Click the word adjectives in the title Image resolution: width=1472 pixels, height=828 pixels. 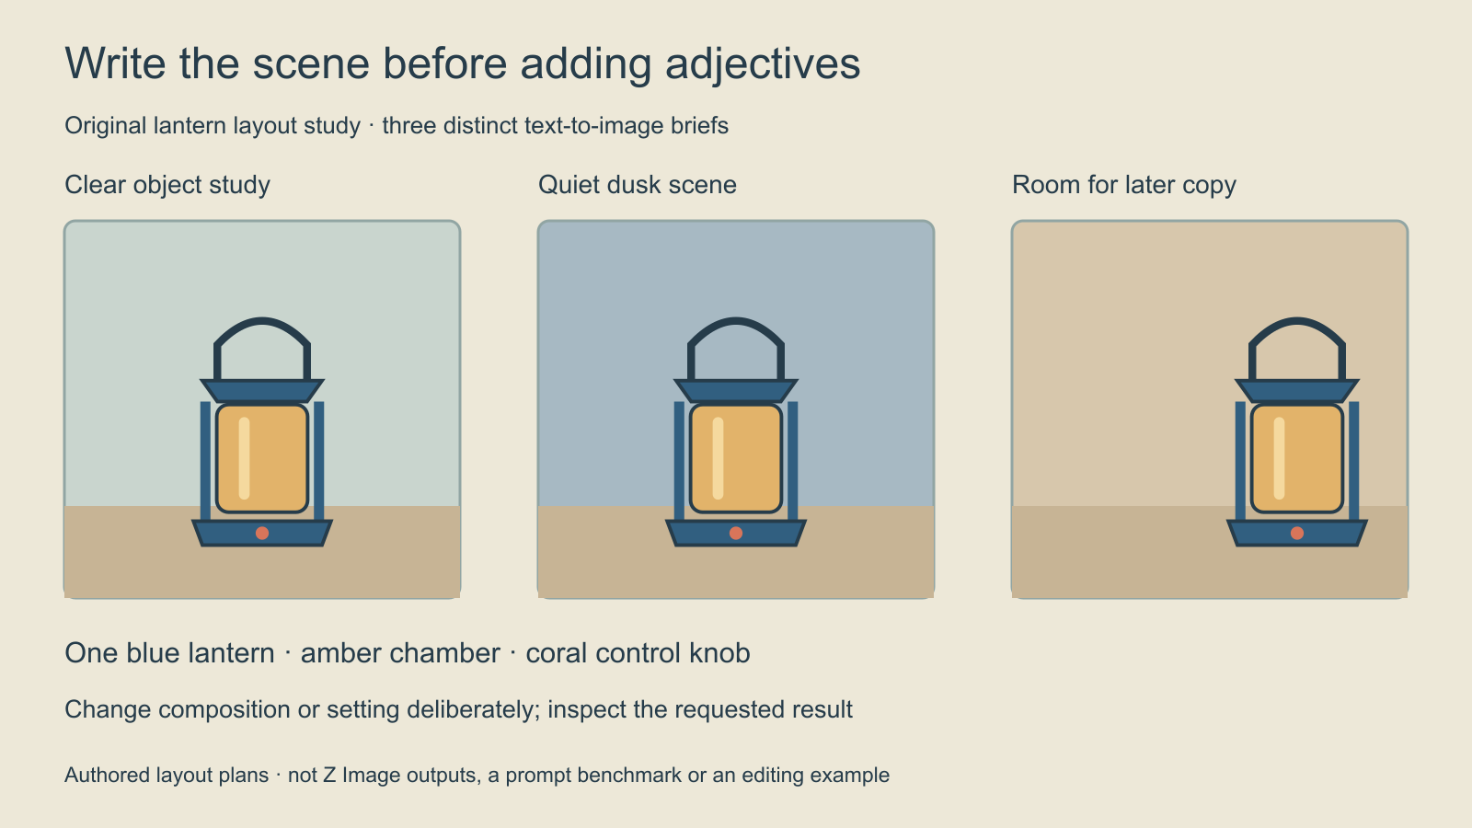pos(763,64)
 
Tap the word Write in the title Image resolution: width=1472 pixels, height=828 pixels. pos(115,63)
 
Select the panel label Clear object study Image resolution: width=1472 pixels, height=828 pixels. pos(167,185)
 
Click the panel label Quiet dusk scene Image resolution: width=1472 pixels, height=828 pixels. pos(637,185)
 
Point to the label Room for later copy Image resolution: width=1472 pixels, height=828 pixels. pos(1123,185)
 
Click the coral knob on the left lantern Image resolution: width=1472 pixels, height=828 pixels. pos(262,533)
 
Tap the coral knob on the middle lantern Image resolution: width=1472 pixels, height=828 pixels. pos(736,533)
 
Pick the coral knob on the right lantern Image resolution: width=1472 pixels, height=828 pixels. pos(1297,533)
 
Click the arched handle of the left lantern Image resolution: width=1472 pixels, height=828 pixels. pos(262,321)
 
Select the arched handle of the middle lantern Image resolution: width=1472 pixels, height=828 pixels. pos(736,321)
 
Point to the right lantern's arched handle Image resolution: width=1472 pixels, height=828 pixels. pos(1297,321)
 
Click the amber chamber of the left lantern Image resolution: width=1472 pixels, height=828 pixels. pos(262,459)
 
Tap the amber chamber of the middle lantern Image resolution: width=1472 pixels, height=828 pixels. pos(736,459)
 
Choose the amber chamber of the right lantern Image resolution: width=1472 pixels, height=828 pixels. pos(1297,459)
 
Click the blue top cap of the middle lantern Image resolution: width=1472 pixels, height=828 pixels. pos(736,391)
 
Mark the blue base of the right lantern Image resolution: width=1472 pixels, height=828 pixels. pos(1297,533)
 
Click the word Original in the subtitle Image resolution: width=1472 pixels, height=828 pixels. pos(105,126)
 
